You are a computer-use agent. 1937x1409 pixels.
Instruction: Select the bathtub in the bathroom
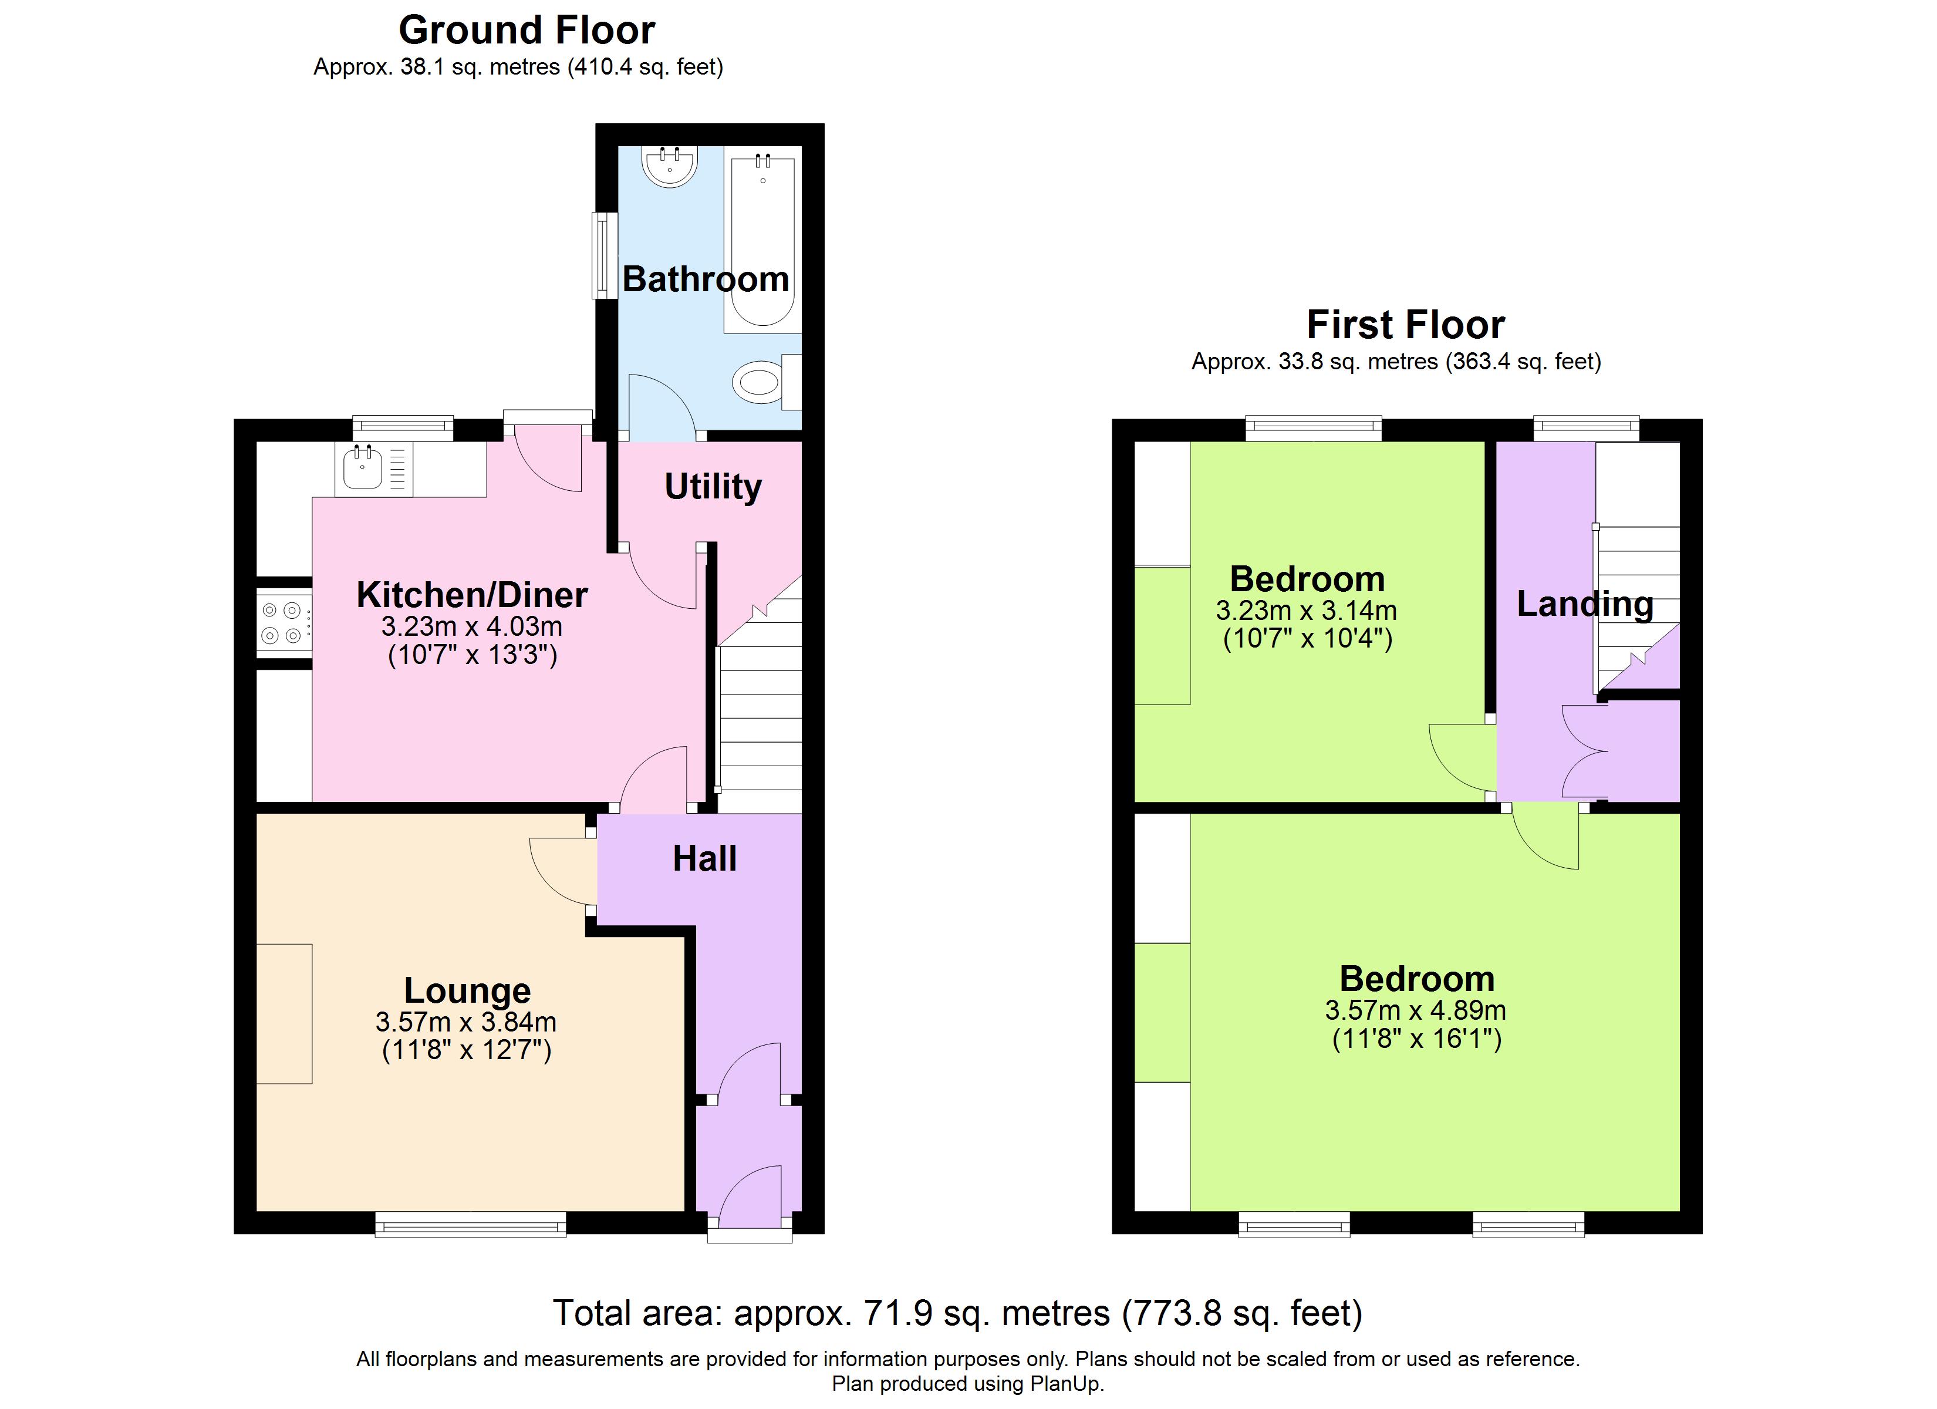click(x=762, y=241)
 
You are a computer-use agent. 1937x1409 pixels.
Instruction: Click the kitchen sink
click(x=363, y=468)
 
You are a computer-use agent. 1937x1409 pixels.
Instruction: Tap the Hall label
click(x=704, y=859)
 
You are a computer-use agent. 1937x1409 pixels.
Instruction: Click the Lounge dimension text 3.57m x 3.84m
click(x=465, y=1022)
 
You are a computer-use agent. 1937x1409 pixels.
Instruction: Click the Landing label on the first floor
click(x=1585, y=604)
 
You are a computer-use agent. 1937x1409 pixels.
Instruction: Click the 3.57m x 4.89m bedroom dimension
click(x=1415, y=1010)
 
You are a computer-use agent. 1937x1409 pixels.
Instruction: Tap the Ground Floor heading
click(x=527, y=31)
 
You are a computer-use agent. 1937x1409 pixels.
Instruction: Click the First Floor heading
click(x=1406, y=325)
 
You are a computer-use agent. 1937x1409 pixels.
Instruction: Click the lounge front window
click(x=471, y=1225)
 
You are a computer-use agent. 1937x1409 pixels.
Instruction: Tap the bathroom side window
click(x=605, y=255)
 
